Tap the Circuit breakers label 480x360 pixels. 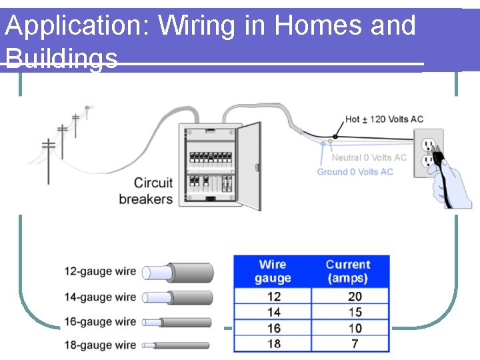coord(145,191)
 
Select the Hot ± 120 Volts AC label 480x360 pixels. coord(384,119)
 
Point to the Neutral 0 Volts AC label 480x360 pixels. coord(369,157)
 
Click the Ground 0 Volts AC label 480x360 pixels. coord(355,172)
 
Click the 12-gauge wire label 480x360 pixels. coord(100,272)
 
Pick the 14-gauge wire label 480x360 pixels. coord(100,297)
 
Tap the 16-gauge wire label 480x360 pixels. coord(100,322)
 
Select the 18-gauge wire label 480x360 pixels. coord(100,345)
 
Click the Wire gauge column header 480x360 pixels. coord(273,271)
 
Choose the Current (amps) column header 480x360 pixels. coord(348,271)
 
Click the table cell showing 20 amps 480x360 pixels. coord(355,297)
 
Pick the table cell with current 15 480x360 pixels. coord(355,312)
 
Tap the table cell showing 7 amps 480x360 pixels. coord(355,344)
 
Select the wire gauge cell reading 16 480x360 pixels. coord(273,328)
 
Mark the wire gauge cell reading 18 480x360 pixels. coord(273,344)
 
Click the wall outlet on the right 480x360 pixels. coord(427,153)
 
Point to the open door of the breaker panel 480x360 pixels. coord(249,165)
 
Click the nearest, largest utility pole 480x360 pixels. coord(49,160)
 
